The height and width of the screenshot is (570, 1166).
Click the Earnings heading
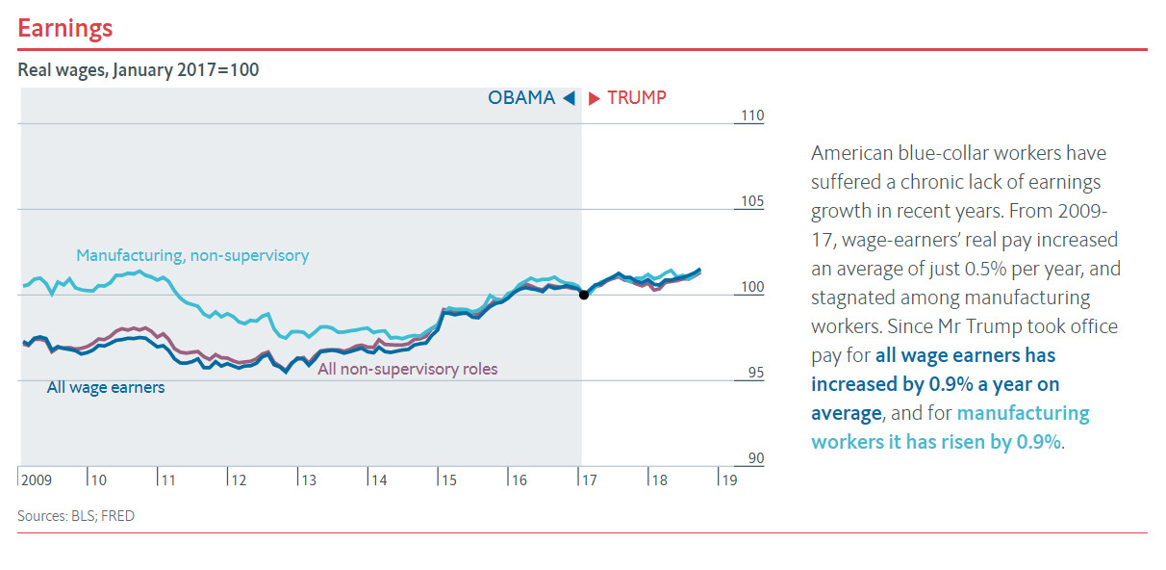pyautogui.click(x=65, y=28)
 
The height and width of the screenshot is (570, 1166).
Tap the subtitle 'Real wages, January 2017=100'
pyautogui.click(x=138, y=70)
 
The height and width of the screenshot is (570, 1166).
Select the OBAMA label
pyautogui.click(x=521, y=97)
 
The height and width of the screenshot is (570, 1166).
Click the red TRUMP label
pyautogui.click(x=637, y=97)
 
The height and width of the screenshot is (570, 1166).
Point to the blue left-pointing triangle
pyautogui.click(x=569, y=97)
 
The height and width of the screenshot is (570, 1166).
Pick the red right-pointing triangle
pyautogui.click(x=595, y=97)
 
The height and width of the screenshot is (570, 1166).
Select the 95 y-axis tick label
pyautogui.click(x=755, y=373)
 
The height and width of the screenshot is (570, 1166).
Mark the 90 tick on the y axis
pyautogui.click(x=755, y=458)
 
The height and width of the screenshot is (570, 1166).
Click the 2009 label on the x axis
pyautogui.click(x=36, y=479)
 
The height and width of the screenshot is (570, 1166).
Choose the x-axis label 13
pyautogui.click(x=309, y=479)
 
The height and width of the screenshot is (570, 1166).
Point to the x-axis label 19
pyautogui.click(x=729, y=479)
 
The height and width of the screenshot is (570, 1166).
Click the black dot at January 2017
pyautogui.click(x=583, y=295)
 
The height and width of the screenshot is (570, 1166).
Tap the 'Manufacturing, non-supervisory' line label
pyautogui.click(x=192, y=255)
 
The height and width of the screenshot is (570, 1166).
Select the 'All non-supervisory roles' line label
pyautogui.click(x=407, y=369)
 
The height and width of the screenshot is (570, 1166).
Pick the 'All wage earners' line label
pyautogui.click(x=106, y=387)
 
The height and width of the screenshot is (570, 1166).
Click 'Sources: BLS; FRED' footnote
pyautogui.click(x=76, y=516)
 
